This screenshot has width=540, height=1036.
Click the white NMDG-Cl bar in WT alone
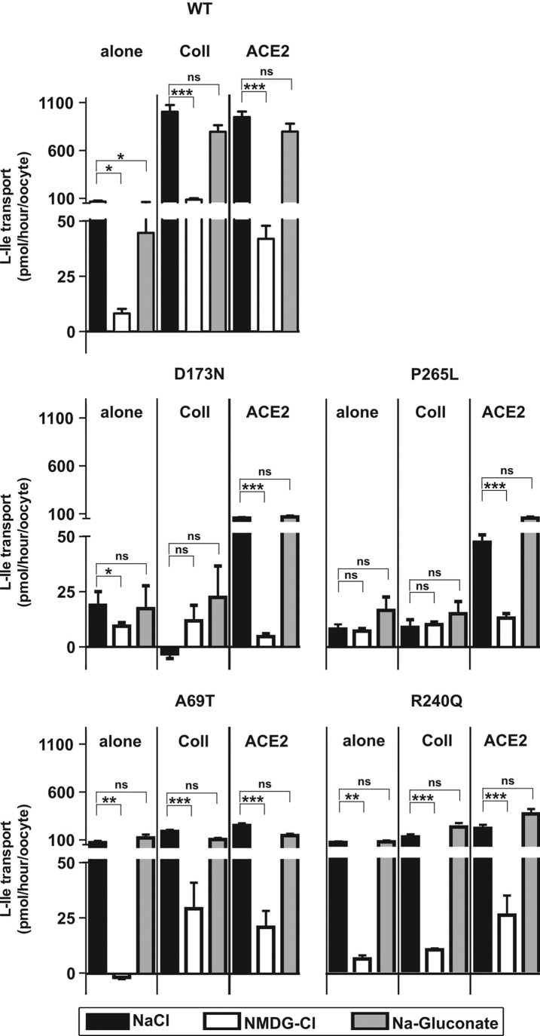pyautogui.click(x=121, y=322)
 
